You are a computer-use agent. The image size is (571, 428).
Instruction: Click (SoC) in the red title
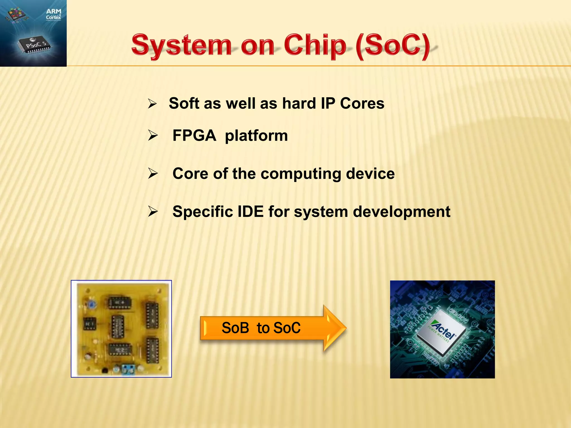tap(393, 46)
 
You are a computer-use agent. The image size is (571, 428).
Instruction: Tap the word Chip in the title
tap(315, 46)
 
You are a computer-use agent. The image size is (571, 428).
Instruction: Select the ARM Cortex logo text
tap(53, 14)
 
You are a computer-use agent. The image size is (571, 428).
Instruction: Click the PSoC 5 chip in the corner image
tap(35, 46)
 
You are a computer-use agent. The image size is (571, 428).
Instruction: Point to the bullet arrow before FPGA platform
tap(153, 136)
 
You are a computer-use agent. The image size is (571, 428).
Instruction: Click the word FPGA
tap(194, 136)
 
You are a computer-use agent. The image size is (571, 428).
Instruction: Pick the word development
tap(401, 212)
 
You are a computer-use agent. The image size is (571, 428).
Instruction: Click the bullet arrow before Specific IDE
tap(153, 211)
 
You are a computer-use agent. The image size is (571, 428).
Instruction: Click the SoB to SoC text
tap(261, 328)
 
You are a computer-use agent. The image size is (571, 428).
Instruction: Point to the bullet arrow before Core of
tap(153, 174)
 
